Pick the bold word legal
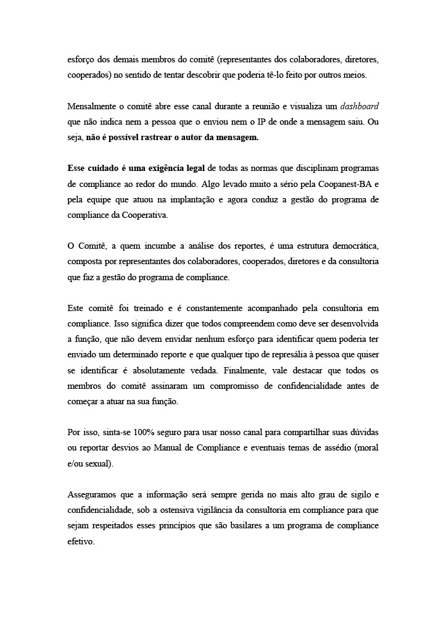tap(194, 168)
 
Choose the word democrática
tap(353, 246)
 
